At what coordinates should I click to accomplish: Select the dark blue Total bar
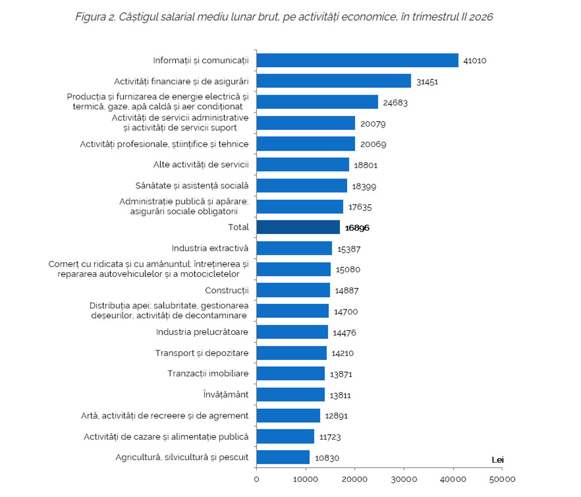click(298, 227)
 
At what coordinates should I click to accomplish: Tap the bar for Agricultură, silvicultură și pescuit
click(283, 457)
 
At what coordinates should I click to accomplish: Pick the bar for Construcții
click(293, 290)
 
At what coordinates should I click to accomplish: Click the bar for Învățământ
click(290, 394)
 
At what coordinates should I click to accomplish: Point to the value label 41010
click(474, 61)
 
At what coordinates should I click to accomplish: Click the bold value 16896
click(357, 228)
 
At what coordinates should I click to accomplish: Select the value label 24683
click(395, 103)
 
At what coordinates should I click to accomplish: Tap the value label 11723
click(330, 437)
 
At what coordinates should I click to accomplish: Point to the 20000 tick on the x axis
click(355, 479)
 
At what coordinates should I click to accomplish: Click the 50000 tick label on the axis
click(502, 479)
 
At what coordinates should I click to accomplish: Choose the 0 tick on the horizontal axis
click(256, 479)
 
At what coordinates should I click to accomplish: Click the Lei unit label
click(497, 460)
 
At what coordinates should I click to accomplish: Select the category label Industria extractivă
click(210, 248)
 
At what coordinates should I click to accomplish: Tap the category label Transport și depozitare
click(202, 353)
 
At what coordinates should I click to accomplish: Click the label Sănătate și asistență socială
click(192, 186)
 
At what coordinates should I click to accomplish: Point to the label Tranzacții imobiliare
click(208, 373)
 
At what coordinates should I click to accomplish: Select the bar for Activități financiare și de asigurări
click(334, 81)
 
